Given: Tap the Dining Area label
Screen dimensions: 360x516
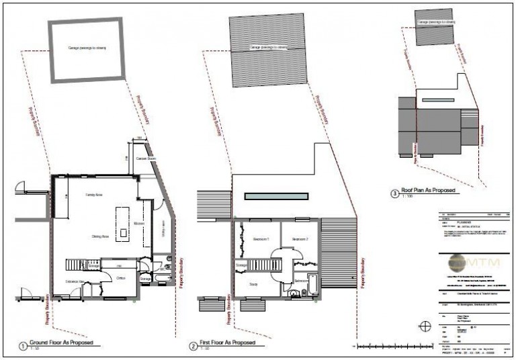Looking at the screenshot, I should coord(101,236).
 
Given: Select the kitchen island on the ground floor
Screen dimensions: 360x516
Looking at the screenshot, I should coord(123,223).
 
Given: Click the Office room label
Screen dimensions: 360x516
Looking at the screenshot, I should coord(122,277).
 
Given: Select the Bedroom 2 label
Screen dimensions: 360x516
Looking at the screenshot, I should coord(298,240).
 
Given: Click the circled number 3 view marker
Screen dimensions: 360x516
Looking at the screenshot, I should coord(394,194).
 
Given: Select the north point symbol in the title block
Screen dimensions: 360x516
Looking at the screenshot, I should coord(424,327).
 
